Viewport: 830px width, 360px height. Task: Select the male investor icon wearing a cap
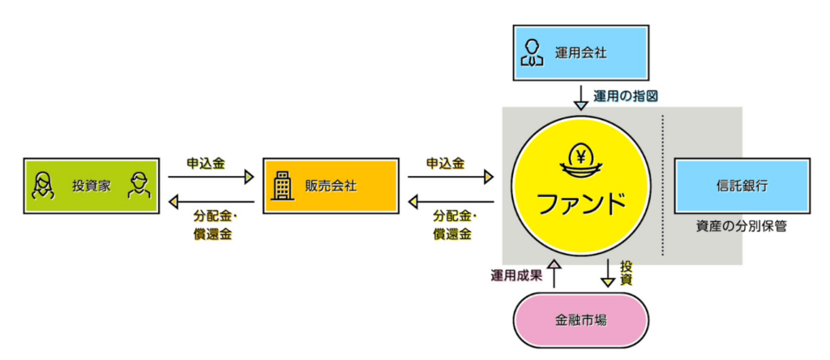click(139, 186)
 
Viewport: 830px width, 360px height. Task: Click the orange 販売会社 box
click(330, 186)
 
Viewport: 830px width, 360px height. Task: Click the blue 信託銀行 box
click(742, 186)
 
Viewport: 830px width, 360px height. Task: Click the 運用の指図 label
click(625, 96)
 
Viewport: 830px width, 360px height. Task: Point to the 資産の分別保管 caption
click(742, 227)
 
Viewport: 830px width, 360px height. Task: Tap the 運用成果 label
click(516, 275)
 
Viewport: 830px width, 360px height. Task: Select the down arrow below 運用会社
click(581, 96)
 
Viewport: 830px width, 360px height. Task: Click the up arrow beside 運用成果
click(554, 273)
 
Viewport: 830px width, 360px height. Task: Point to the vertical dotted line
click(662, 186)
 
